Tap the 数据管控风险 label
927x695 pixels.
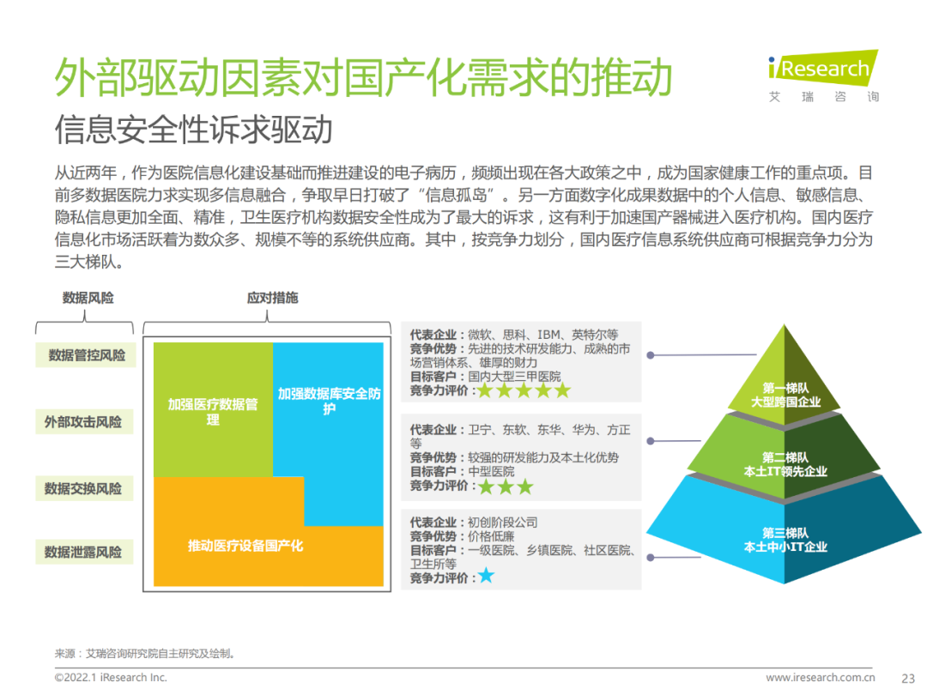86,355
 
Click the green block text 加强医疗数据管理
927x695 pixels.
212,412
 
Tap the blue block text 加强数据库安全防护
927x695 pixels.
329,401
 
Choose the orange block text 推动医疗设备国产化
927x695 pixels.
245,546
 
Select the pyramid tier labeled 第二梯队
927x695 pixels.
785,464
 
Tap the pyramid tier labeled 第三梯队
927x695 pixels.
785,540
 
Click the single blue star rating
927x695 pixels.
486,576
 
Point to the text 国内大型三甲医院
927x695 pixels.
514,376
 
